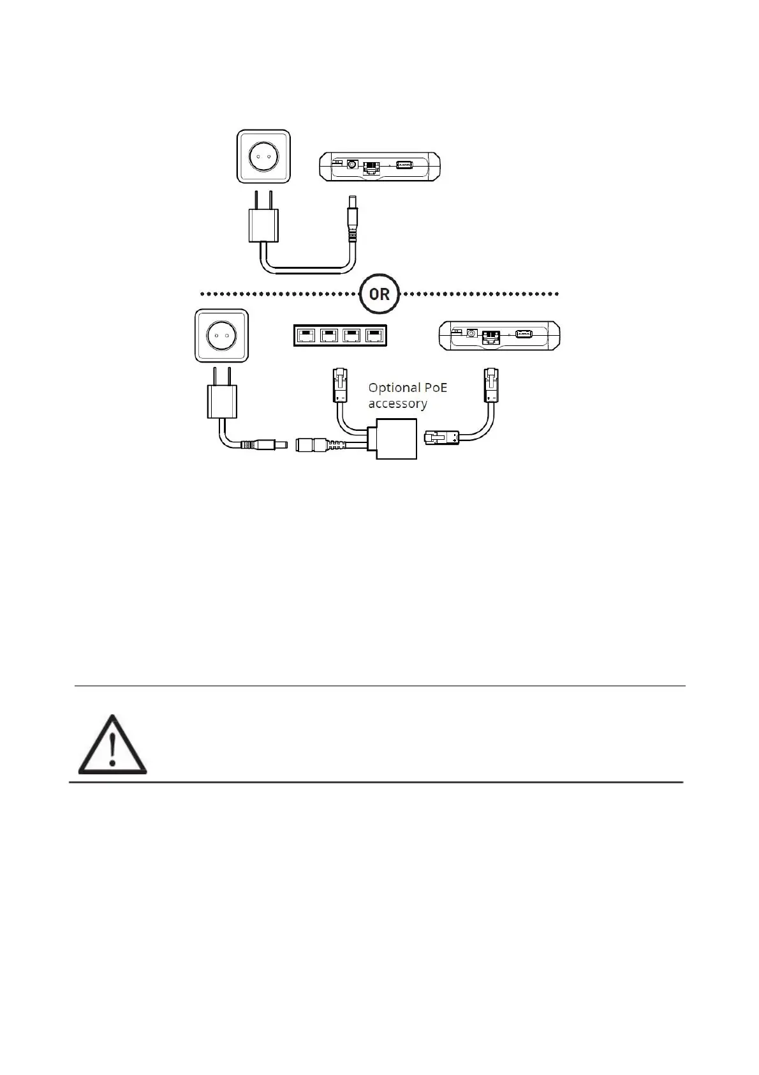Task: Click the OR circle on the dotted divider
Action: [379, 294]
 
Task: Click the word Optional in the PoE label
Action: [394, 387]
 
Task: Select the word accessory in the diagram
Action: [397, 403]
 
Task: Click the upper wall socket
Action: [263, 156]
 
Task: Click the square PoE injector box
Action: [397, 439]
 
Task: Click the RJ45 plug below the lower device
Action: [491, 386]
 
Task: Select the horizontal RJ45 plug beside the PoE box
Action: [439, 437]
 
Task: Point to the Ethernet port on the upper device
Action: [371, 167]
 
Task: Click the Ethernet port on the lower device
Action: [492, 336]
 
